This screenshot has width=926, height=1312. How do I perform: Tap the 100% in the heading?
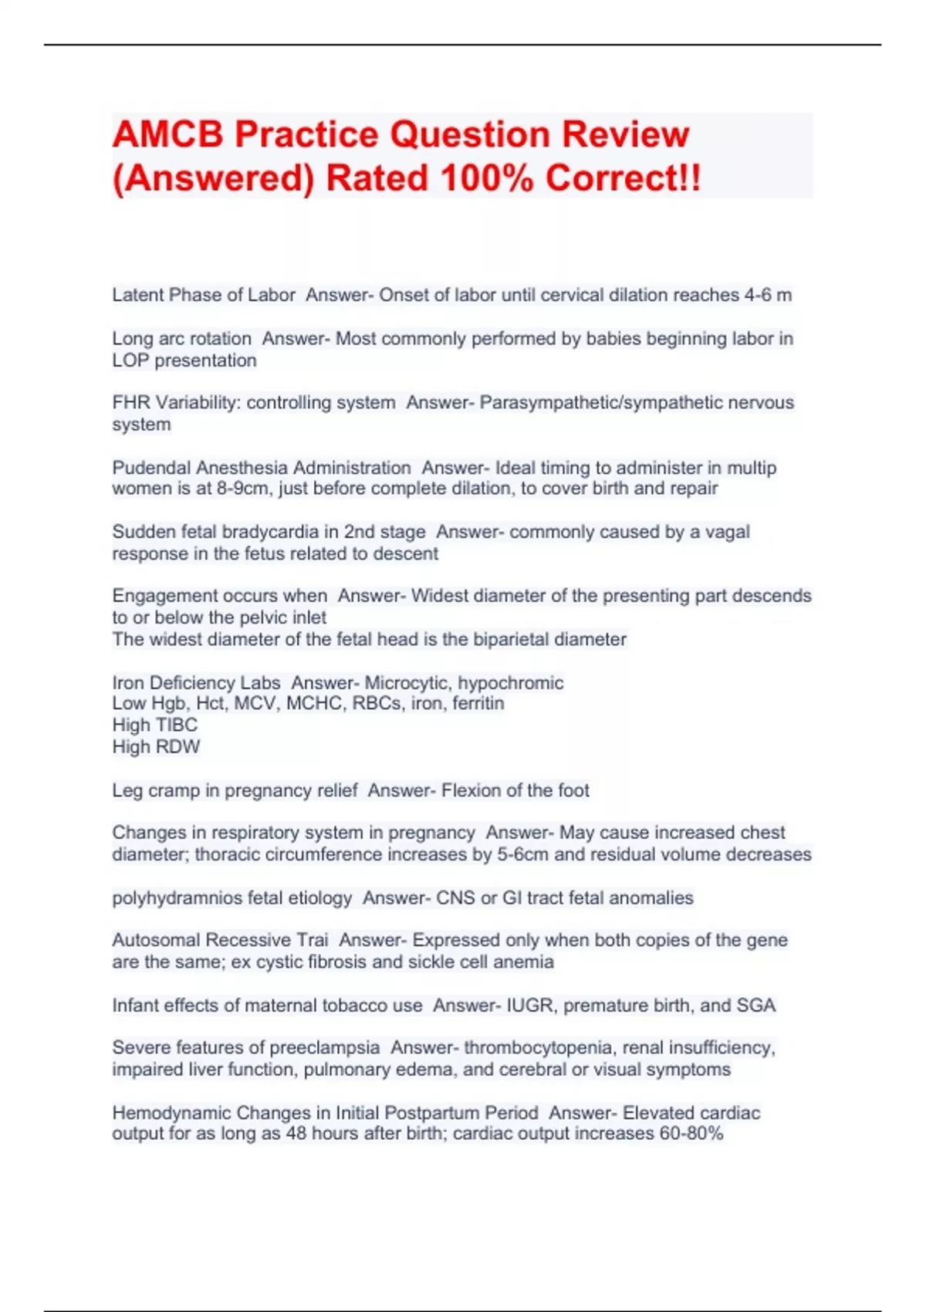coord(487,178)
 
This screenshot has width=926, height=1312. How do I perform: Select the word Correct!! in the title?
coord(624,178)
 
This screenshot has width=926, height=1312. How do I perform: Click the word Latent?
coord(137,295)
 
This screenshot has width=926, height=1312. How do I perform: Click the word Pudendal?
coord(151,468)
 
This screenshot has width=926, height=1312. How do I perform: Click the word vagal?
coord(727,532)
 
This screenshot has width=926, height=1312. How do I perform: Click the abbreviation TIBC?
coord(177,725)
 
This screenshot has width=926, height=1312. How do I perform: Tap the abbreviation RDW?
coord(177,747)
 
